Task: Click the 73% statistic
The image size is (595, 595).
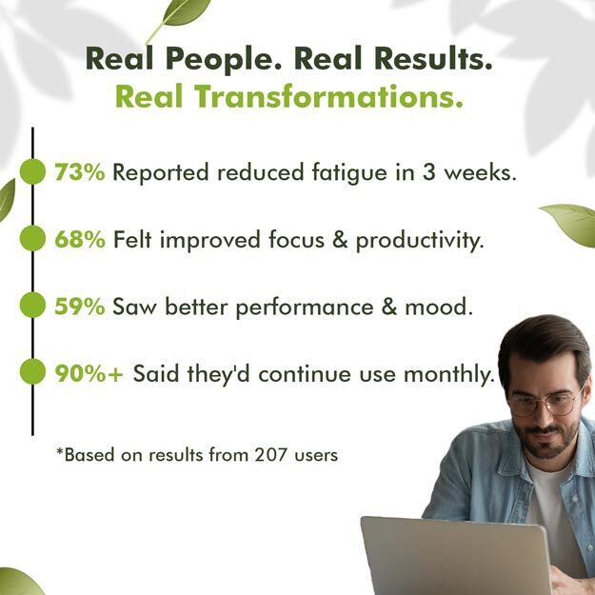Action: (80, 172)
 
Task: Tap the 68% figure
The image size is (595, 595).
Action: (80, 240)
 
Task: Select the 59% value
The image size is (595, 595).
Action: (80, 307)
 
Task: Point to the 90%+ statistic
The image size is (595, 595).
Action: (89, 373)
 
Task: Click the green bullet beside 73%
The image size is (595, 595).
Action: (32, 171)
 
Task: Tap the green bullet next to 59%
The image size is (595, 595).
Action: (32, 305)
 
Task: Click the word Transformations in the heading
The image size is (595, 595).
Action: (329, 97)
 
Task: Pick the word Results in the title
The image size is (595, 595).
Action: (433, 58)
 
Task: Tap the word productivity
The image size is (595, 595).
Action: (420, 241)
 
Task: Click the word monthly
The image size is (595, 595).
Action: (449, 374)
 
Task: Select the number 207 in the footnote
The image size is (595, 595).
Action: (270, 454)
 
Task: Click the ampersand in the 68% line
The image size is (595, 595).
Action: (340, 240)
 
